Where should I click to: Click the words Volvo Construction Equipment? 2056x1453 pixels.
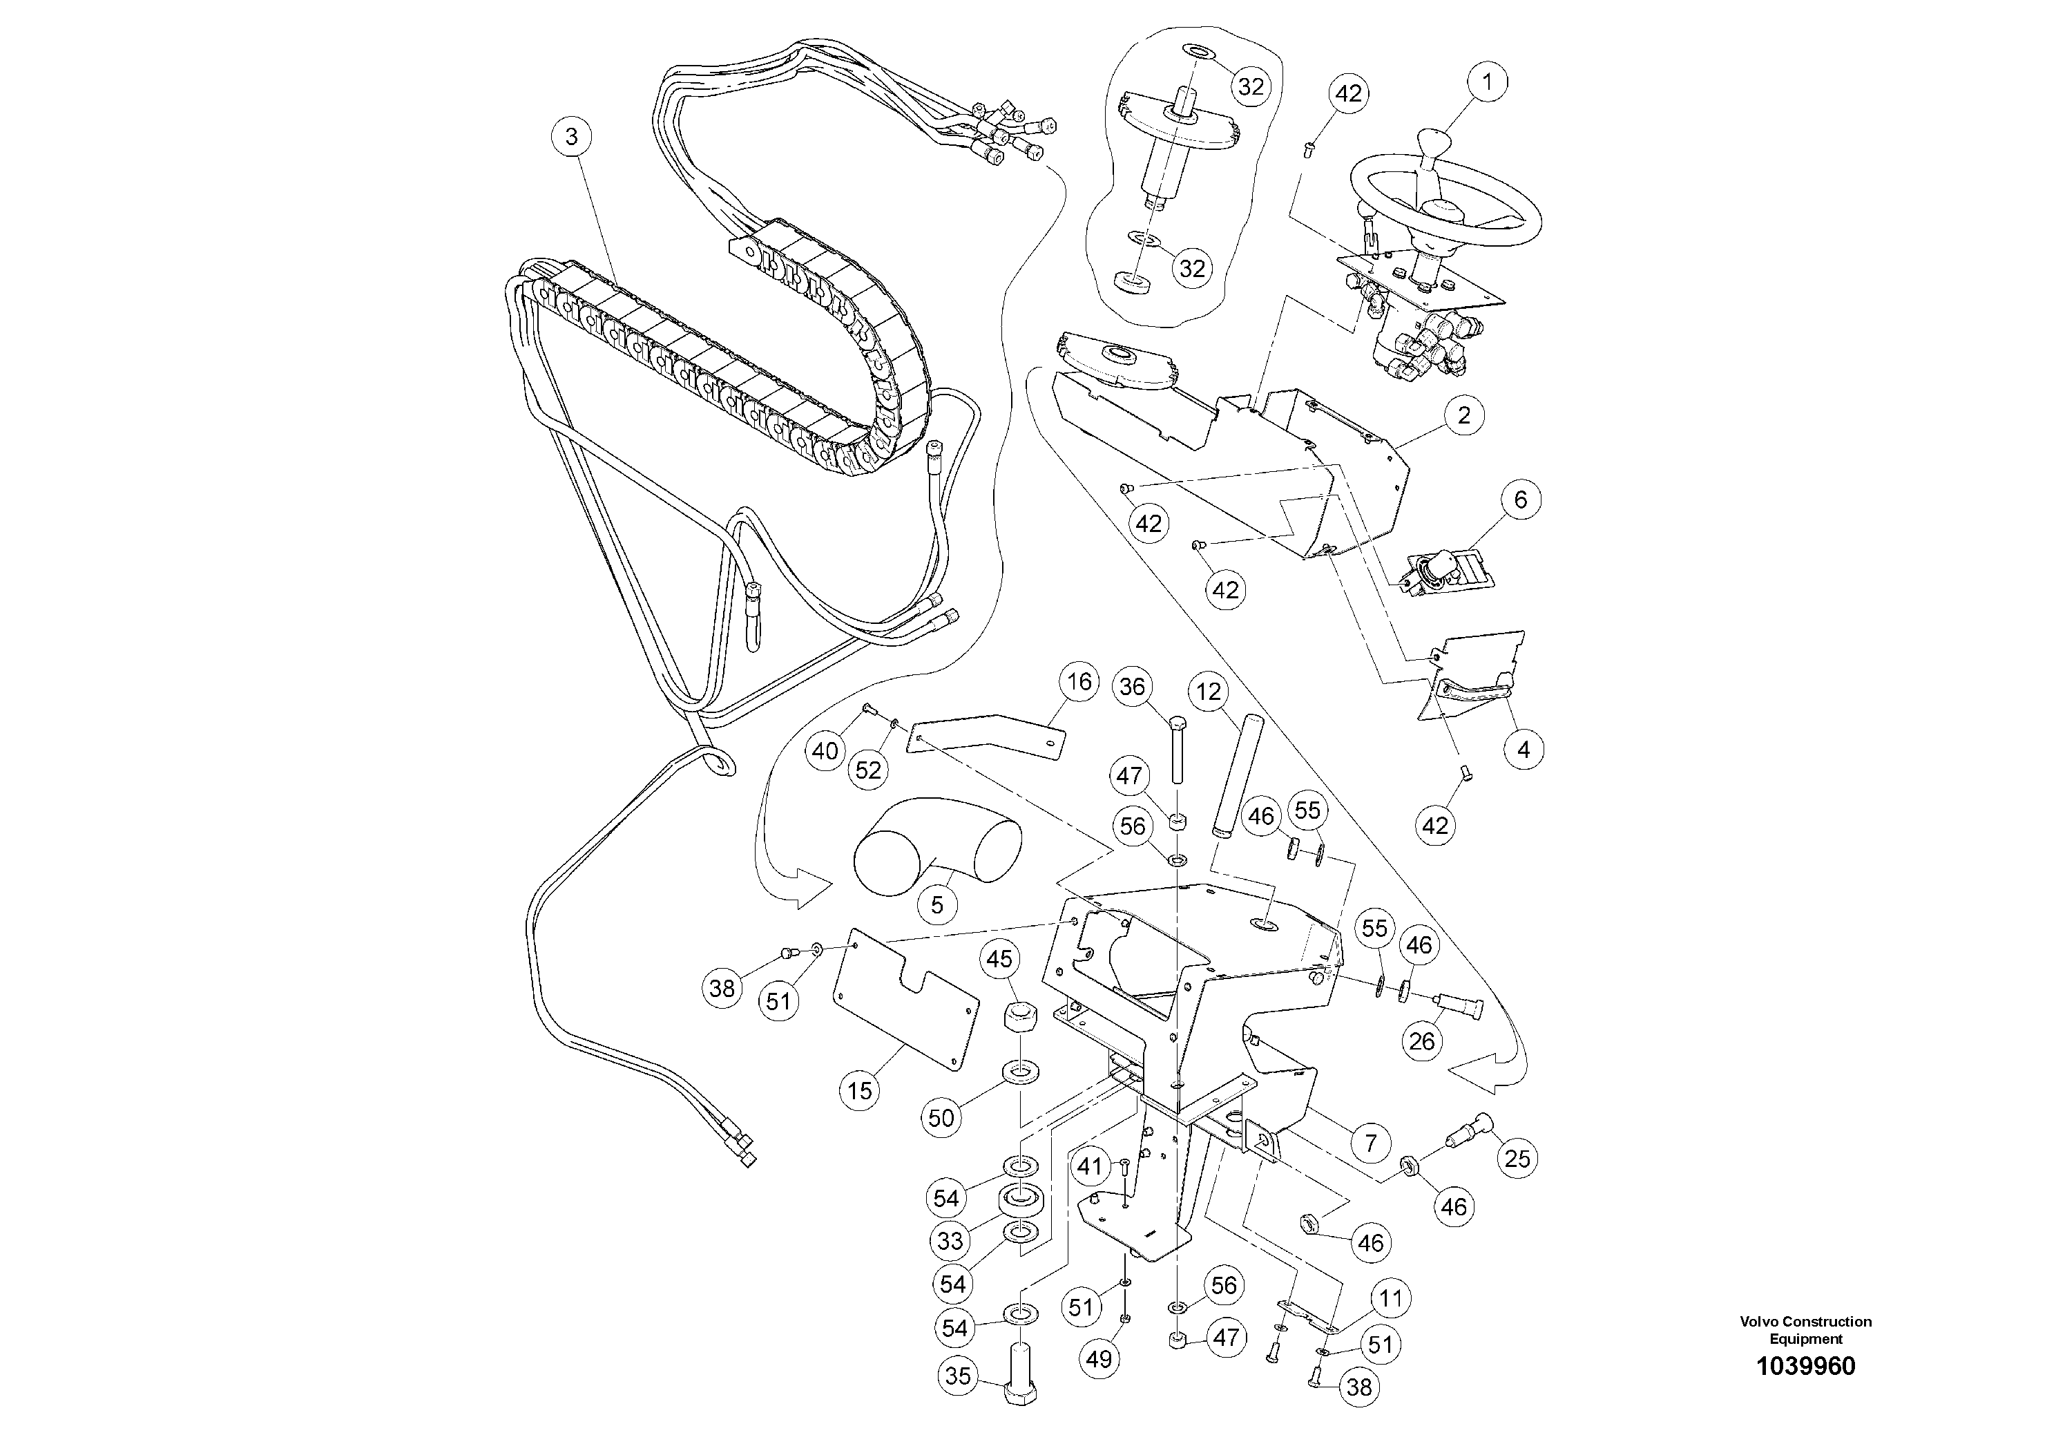point(1805,1329)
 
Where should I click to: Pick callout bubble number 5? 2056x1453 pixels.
point(936,905)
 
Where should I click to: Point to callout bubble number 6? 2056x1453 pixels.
point(1521,499)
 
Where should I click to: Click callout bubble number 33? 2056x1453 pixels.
point(950,1241)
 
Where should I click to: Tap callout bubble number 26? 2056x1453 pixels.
point(1422,1041)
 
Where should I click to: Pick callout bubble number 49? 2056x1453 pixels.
point(1099,1359)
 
